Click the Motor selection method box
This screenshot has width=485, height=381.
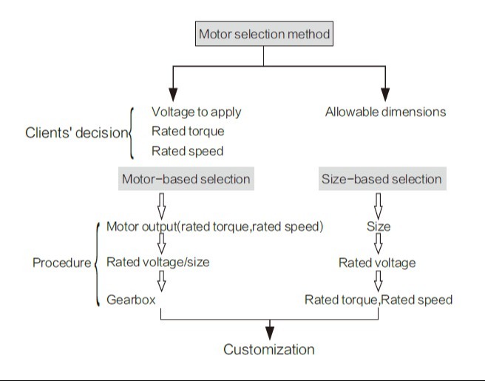[264, 34]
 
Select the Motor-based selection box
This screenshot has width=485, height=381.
[185, 179]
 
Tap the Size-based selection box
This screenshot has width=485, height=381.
[381, 179]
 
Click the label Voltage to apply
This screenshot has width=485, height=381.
[196, 112]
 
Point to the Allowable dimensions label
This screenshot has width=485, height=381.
[385, 112]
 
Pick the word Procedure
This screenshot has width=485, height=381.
[62, 263]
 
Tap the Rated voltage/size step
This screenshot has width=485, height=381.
[157, 262]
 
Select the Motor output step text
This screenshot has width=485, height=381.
[214, 226]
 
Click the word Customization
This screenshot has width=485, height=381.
[269, 349]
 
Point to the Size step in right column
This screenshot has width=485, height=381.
[379, 226]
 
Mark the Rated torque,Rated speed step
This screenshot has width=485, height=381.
[379, 300]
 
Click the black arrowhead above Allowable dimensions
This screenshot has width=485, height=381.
[385, 94]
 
